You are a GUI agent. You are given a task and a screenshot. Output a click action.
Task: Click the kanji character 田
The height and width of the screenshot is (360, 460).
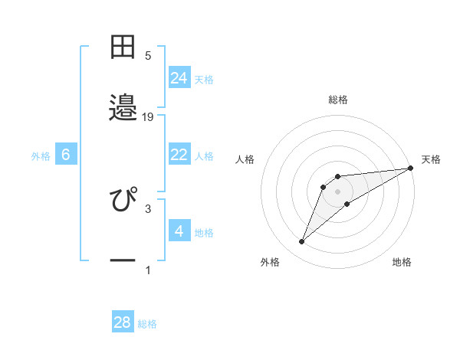[x=123, y=47]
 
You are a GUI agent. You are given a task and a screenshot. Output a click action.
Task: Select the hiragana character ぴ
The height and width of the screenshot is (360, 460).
[x=123, y=199]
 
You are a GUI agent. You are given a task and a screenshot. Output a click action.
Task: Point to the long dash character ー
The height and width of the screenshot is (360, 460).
[x=123, y=260]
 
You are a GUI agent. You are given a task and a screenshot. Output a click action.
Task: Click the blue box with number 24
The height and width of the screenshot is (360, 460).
[x=179, y=77]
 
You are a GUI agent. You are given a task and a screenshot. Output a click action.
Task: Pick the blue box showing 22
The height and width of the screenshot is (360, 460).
[x=179, y=155]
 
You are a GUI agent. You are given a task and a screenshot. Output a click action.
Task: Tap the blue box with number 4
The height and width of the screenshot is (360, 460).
[x=179, y=231]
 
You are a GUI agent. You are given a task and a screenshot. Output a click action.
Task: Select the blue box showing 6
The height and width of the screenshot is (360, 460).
[x=66, y=155]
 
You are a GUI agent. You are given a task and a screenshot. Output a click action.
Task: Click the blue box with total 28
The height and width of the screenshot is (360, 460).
[x=123, y=322]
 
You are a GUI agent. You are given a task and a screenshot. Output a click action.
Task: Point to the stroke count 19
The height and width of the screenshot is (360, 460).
[x=148, y=117]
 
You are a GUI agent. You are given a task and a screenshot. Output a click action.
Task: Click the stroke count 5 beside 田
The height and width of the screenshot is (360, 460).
[x=148, y=55]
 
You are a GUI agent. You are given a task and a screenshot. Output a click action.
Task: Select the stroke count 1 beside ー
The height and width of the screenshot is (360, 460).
[x=148, y=270]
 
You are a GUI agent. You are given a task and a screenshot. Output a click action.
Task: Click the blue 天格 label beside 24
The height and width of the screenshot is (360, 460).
[x=204, y=79]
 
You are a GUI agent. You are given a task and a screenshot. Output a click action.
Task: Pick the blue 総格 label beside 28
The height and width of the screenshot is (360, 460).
[x=147, y=324]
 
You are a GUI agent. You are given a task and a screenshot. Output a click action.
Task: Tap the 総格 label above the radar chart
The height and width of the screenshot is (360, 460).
[x=338, y=100]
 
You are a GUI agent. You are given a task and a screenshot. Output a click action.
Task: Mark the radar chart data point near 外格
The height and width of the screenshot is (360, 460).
[x=301, y=242]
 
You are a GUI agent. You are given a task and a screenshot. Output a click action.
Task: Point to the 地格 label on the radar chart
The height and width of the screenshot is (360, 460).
[x=402, y=262]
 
